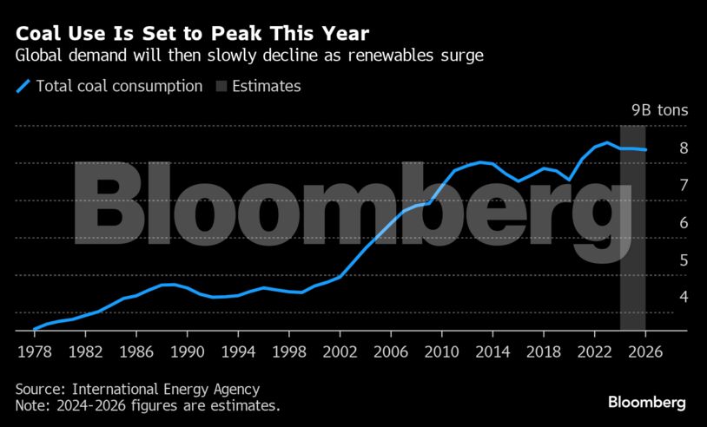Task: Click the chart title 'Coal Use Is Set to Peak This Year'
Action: tap(191, 34)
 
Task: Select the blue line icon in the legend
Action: tap(23, 86)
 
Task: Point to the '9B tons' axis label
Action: tap(658, 110)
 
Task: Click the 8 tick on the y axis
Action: tap(659, 148)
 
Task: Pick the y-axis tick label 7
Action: tap(659, 186)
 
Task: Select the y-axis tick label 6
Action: tap(659, 223)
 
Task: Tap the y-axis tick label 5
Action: tap(659, 260)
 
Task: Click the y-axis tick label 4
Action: tap(659, 297)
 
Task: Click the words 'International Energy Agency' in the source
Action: tap(167, 390)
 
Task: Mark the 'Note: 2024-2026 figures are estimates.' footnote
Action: tap(148, 405)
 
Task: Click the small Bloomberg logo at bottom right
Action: tap(646, 402)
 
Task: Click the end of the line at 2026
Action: tap(644, 150)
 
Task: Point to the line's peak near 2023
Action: tap(607, 142)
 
